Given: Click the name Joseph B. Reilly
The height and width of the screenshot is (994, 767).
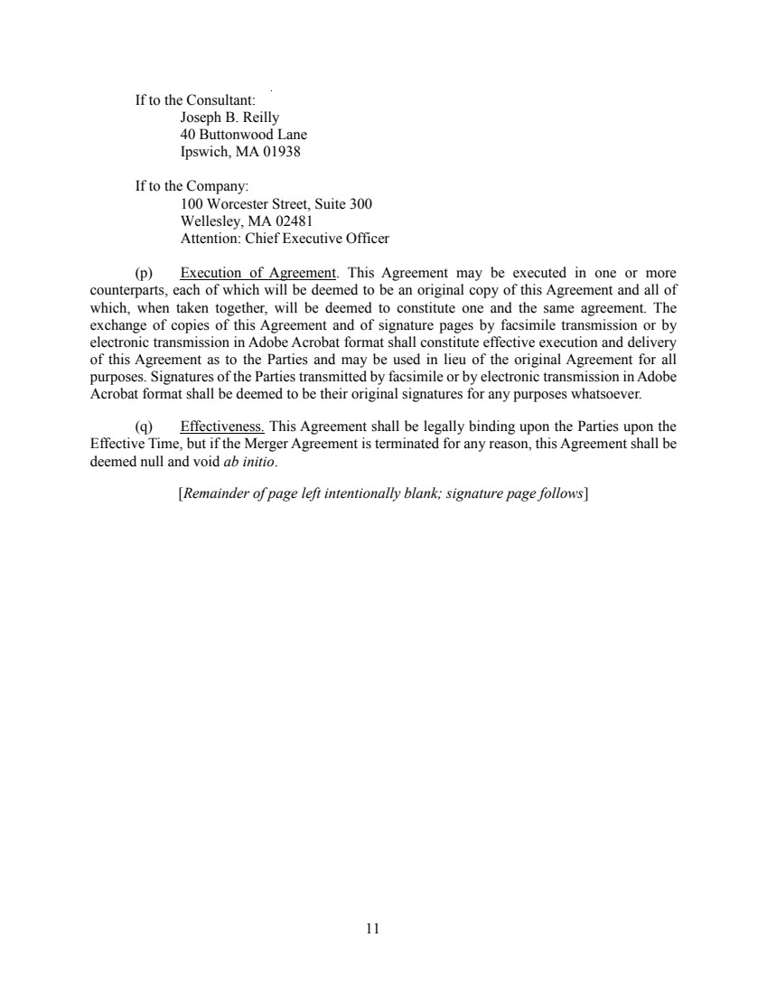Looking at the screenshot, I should click(229, 117).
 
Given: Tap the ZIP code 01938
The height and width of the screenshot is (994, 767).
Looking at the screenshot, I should click(282, 152).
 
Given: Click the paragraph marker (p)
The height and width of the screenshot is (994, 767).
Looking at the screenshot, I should click(144, 273).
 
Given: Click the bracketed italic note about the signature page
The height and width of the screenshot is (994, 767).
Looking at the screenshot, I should click(384, 493).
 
